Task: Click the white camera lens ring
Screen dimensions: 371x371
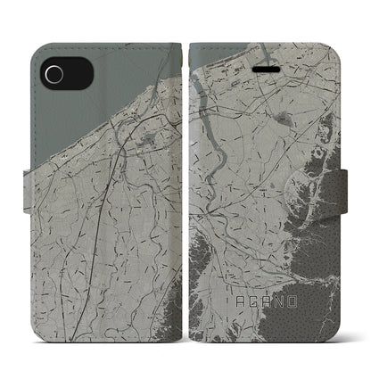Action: (x=55, y=74)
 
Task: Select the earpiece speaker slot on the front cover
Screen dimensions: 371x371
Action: (x=266, y=69)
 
